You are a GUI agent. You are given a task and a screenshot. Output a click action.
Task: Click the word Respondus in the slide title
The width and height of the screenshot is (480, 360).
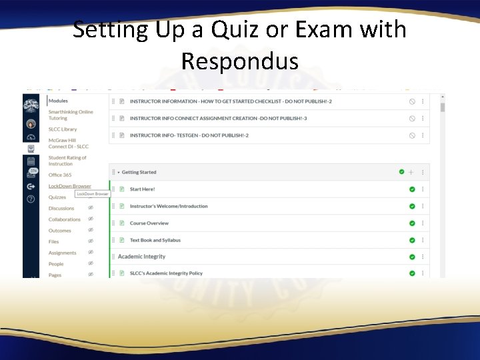tap(239, 61)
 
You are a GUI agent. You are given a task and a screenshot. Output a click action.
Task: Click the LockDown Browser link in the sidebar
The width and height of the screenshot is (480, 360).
tap(69, 186)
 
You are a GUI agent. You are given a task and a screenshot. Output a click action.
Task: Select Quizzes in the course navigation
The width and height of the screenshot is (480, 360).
tap(57, 197)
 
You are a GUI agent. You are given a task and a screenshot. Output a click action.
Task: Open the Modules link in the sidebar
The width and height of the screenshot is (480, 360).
tap(58, 101)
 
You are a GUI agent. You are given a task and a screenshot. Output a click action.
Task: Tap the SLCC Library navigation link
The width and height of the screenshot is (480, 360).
tap(63, 129)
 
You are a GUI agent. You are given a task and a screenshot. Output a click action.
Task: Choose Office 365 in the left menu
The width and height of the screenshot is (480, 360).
tap(60, 175)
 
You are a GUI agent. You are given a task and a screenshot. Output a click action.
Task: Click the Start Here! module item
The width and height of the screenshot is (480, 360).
tap(142, 189)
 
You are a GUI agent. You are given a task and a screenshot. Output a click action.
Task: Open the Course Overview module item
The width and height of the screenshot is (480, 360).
tap(149, 223)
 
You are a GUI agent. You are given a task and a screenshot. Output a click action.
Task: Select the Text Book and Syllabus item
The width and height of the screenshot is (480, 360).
tap(155, 240)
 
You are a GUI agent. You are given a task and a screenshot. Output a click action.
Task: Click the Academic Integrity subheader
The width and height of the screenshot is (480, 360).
tap(141, 257)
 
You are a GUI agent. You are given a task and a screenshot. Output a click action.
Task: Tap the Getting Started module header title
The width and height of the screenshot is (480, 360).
tap(139, 172)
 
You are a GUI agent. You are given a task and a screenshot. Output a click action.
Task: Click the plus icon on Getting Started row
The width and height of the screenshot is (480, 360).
tap(411, 172)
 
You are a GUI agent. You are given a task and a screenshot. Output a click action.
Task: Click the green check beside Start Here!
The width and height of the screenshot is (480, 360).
tap(412, 189)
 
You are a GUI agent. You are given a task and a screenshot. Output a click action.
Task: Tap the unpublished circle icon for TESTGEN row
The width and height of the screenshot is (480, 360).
tap(412, 135)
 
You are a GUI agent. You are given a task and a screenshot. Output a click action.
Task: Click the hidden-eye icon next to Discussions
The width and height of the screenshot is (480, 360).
tap(91, 208)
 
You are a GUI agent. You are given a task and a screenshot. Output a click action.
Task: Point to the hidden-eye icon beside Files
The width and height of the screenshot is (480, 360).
tap(91, 241)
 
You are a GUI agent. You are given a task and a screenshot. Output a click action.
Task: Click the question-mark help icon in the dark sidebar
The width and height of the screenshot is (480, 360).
tap(31, 199)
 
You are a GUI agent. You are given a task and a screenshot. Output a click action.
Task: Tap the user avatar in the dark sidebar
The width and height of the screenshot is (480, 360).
tap(31, 124)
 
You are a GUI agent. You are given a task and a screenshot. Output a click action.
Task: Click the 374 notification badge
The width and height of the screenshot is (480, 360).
tap(34, 171)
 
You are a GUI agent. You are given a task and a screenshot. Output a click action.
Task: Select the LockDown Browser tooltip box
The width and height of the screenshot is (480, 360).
tap(92, 194)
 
